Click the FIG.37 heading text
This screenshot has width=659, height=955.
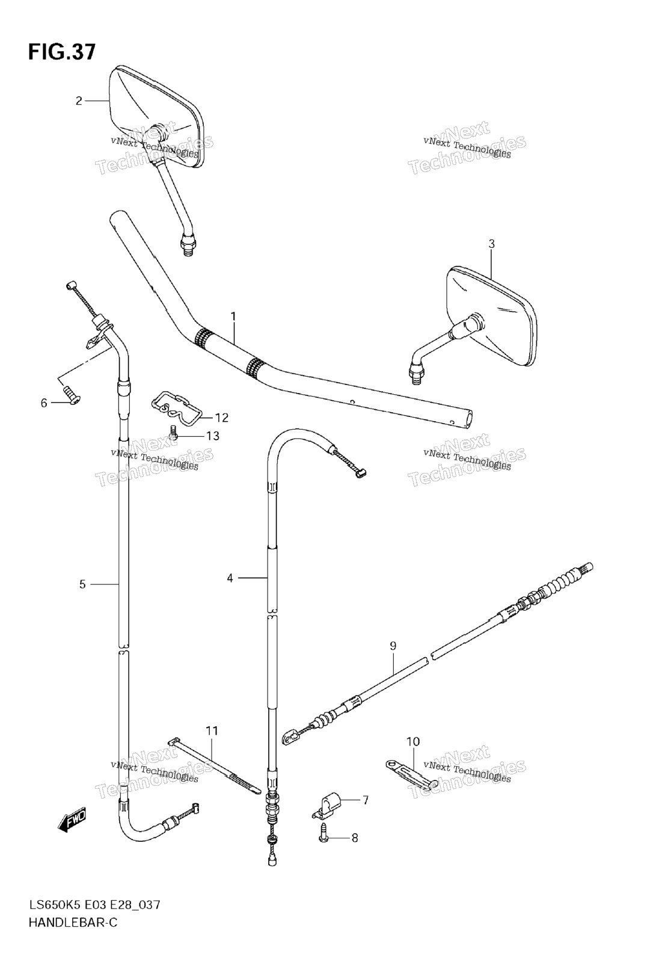pos(62,52)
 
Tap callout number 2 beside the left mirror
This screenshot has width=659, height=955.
pos(78,100)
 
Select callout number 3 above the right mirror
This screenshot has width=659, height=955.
pos(491,244)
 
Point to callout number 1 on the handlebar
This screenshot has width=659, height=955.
pos(233,317)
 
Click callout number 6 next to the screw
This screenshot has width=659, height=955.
pos(44,403)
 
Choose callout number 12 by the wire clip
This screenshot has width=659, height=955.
pos(221,418)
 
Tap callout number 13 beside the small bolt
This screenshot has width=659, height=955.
pos(213,436)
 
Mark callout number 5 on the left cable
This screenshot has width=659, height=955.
pos(82,584)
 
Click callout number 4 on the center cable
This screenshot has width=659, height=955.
pos(230,578)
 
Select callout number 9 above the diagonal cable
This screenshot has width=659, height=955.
pos(392,646)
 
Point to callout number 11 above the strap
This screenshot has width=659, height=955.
pos(212,731)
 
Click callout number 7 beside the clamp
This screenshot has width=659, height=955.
pos(365,800)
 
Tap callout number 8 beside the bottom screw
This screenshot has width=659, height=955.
pos(354,838)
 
